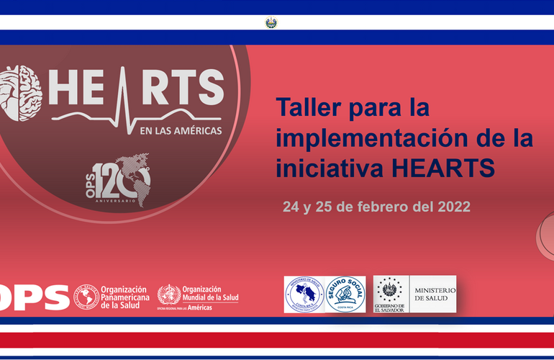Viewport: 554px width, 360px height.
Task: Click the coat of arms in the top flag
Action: (271, 22)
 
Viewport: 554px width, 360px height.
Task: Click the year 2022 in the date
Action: (453, 207)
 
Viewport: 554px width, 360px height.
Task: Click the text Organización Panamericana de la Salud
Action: (124, 296)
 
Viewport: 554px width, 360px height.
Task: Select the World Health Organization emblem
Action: (169, 295)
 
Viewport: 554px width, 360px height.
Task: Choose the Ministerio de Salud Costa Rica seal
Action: (304, 294)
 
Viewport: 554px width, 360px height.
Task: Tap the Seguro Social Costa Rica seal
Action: (345, 294)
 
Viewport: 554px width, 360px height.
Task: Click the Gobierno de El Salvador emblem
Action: (389, 294)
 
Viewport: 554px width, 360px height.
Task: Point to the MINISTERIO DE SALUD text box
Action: (433, 294)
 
